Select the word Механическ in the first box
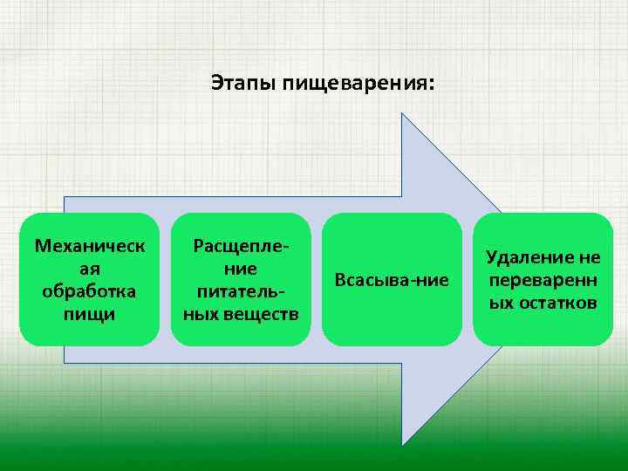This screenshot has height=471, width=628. [90, 245]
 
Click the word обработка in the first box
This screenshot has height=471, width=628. [90, 290]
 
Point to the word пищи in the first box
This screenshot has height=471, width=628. [90, 312]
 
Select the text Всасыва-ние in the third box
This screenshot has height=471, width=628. [392, 280]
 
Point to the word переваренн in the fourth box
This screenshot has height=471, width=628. [543, 280]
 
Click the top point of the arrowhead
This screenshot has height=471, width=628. [401, 113]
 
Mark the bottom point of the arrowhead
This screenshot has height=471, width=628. [401, 445]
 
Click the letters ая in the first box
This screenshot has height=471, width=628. [90, 268]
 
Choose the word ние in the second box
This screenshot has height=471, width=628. [240, 269]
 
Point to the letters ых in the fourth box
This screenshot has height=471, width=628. [501, 303]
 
